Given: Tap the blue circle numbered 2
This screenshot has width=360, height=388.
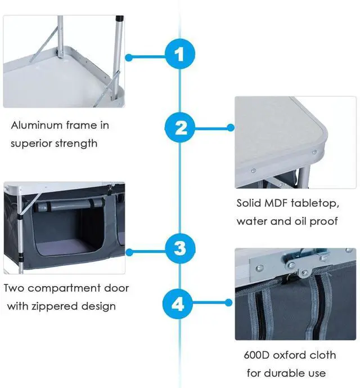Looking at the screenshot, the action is point(180,128).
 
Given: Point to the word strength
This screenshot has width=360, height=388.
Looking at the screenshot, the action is point(76,143).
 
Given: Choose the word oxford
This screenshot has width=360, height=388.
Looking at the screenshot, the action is point(292,355).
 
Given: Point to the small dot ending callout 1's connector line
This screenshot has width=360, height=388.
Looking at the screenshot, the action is point(129,57).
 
